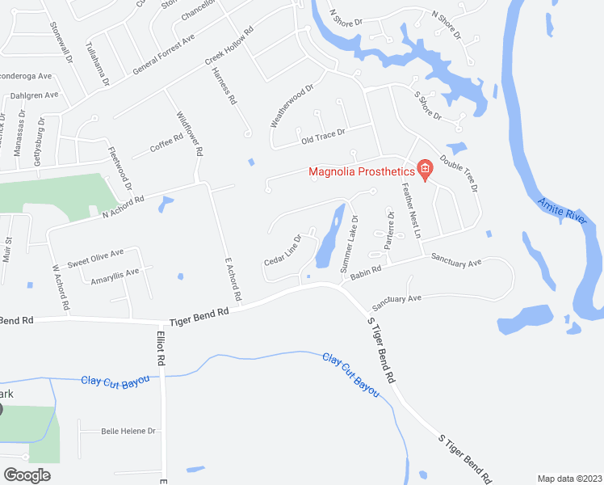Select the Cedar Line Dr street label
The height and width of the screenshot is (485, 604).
[x=283, y=251]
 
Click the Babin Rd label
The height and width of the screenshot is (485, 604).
[x=365, y=275]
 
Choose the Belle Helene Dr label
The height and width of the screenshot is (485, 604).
[x=128, y=432]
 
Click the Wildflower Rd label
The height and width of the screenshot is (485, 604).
[x=188, y=133]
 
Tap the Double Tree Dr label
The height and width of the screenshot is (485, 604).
[x=459, y=173]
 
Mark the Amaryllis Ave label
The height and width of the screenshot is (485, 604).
[x=115, y=273]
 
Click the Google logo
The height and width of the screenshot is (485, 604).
[x=27, y=474]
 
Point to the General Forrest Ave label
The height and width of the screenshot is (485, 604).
[x=165, y=55]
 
